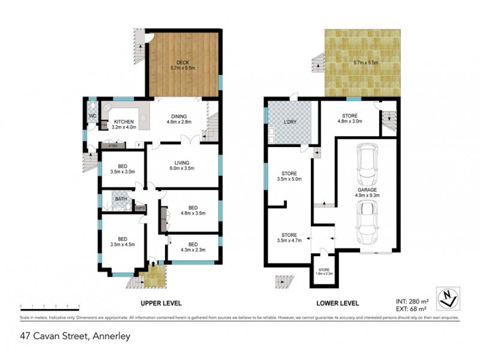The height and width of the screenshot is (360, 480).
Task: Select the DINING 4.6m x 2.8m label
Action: pos(178,119)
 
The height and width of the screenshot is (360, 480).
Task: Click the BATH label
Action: pos(121,199)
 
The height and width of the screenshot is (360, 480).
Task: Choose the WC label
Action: pos(93,115)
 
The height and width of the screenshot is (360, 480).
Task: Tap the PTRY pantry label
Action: pos(112,146)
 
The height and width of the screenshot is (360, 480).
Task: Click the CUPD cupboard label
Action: pos(140,208)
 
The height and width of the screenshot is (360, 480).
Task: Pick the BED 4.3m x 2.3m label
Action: pos(193,247)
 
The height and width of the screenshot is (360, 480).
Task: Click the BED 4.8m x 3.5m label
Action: pos(193,209)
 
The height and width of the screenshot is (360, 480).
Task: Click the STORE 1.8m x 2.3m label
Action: pos(324,272)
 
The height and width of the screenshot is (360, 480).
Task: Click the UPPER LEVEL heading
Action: pos(161,303)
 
